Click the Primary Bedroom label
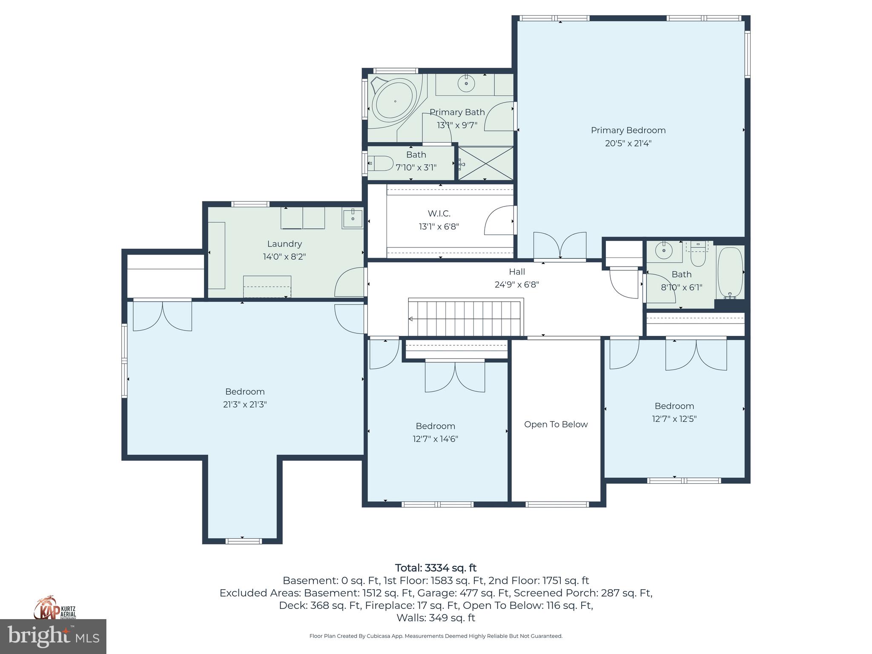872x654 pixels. (628, 130)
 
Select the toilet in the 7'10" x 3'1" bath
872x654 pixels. (381, 163)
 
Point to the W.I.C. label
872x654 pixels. (439, 213)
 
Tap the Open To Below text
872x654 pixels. (556, 425)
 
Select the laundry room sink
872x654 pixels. (353, 219)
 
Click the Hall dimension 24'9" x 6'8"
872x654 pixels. (516, 284)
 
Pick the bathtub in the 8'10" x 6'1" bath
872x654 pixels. (730, 272)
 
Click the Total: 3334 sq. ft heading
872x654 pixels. (436, 568)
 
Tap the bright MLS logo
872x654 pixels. (53, 636)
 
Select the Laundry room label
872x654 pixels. (284, 244)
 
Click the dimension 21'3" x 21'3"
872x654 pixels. (245, 404)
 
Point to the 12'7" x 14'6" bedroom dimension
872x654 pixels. (435, 439)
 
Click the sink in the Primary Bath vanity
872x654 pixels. (466, 83)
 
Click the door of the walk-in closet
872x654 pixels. (499, 220)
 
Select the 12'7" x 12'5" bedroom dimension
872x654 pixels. (674, 419)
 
